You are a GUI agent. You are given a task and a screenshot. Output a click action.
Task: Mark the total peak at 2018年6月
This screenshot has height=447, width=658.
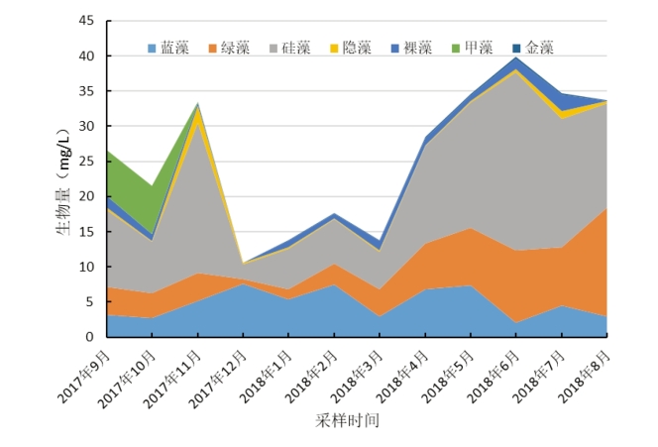(x=515, y=57)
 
